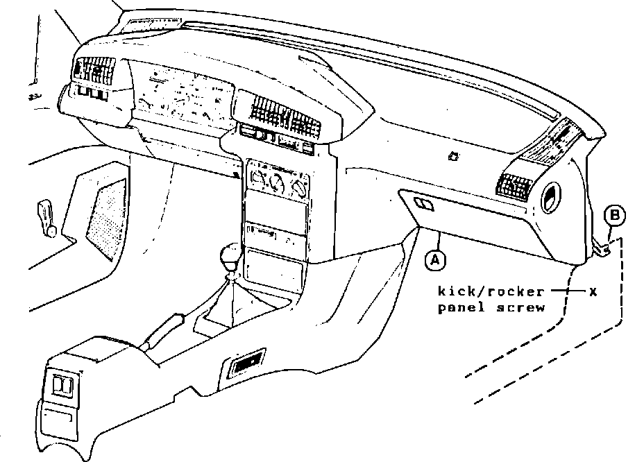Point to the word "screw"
[x=521, y=307]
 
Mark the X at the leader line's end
[x=593, y=291]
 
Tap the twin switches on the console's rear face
[x=63, y=386]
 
